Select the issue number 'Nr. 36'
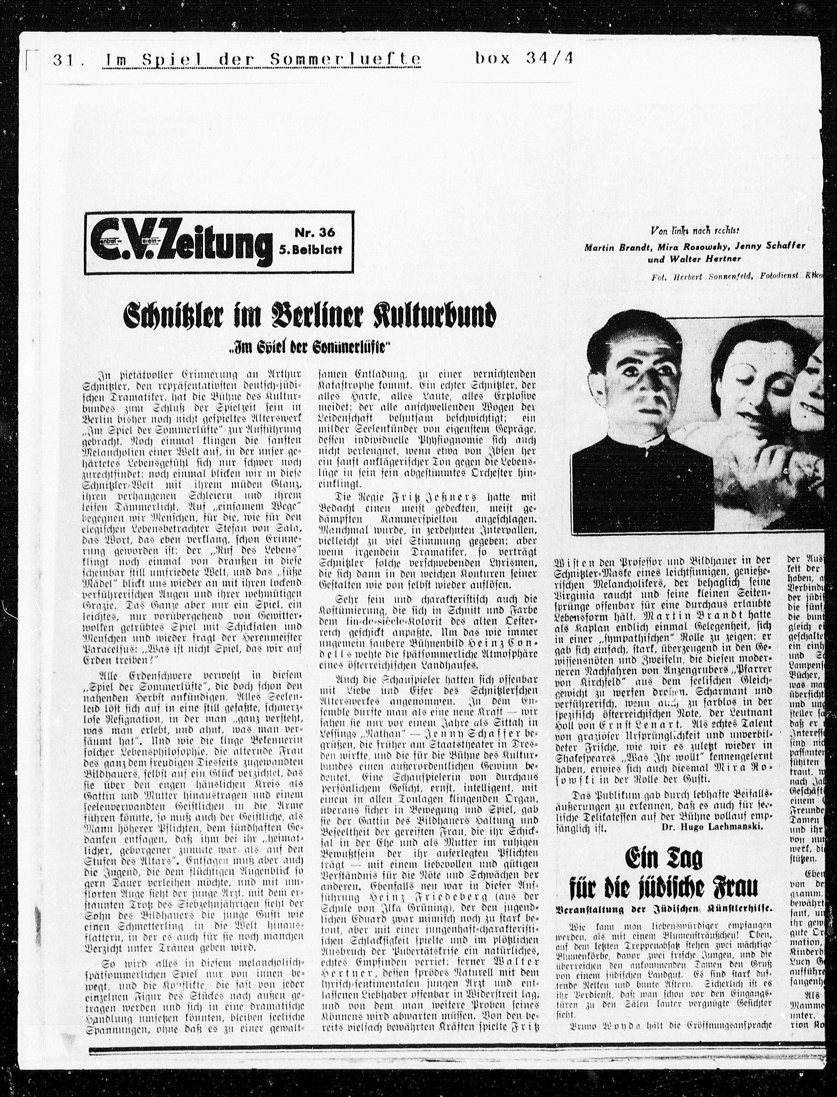315,233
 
